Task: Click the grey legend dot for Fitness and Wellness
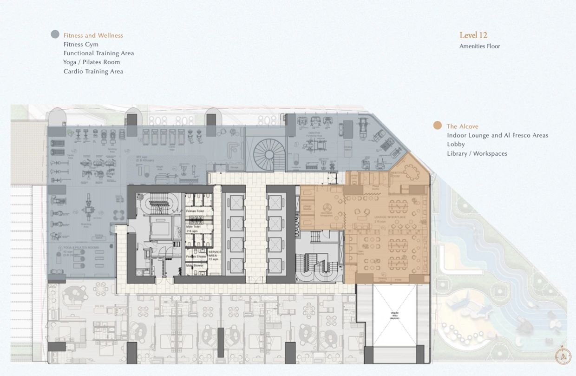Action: click(x=55, y=34)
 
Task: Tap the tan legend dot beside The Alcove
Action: click(x=437, y=125)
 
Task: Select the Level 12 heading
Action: click(x=473, y=35)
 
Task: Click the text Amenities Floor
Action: click(x=479, y=46)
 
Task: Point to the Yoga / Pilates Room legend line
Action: click(x=92, y=62)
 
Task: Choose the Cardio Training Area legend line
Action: click(x=93, y=72)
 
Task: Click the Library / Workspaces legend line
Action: click(x=477, y=153)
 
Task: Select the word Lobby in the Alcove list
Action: click(x=456, y=145)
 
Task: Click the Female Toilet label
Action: click(x=194, y=211)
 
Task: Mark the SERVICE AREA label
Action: click(x=215, y=255)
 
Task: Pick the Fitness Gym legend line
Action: click(x=81, y=45)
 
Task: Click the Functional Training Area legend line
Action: click(x=98, y=53)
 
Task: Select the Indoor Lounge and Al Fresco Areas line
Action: click(x=497, y=135)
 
